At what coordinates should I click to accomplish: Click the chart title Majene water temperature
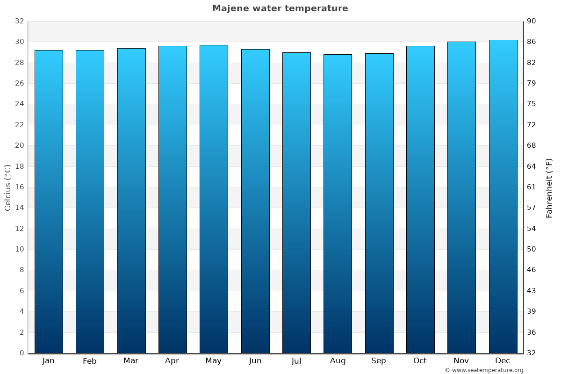tap(280, 8)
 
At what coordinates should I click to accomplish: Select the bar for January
tap(49, 201)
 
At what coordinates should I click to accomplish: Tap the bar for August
tap(338, 203)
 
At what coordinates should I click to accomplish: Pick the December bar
tap(503, 196)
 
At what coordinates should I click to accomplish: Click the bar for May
tap(214, 199)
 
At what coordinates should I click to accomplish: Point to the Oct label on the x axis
tap(420, 361)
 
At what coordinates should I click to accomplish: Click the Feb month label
tap(89, 361)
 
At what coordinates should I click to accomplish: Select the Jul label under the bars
tap(296, 361)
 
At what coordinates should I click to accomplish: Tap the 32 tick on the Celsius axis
tap(19, 21)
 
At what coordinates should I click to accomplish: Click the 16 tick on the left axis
tap(19, 187)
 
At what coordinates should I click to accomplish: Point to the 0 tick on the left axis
tap(22, 353)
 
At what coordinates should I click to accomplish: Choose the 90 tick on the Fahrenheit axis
tap(532, 21)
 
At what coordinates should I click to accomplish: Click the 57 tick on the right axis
tap(532, 208)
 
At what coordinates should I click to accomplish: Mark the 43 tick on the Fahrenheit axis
tap(532, 291)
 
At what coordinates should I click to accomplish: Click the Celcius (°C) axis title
tap(7, 187)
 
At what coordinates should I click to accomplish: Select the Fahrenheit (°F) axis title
tap(549, 188)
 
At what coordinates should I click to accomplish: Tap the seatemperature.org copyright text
tap(484, 370)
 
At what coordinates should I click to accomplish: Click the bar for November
tap(461, 197)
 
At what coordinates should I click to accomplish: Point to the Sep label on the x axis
tap(379, 361)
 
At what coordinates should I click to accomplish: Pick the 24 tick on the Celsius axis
tap(19, 104)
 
